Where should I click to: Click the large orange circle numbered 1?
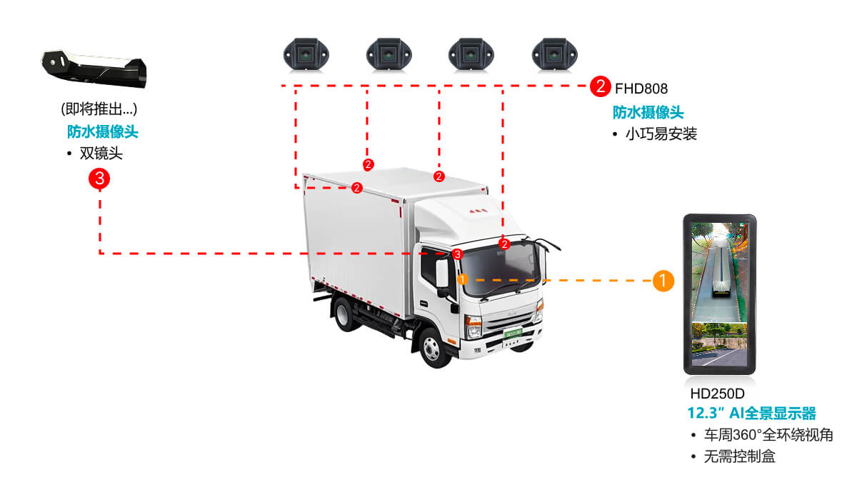point(663,281)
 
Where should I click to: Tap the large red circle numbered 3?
point(99,179)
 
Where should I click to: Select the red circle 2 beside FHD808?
point(600,88)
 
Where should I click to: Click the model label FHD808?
point(641,89)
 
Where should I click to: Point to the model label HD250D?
point(717,394)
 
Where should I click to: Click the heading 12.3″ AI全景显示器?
point(751,414)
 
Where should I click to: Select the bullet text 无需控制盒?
point(739,456)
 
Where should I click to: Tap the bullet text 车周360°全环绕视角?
point(768,435)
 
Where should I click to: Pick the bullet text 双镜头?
point(101,153)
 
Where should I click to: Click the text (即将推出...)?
point(99,109)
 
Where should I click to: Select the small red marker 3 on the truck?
point(458,254)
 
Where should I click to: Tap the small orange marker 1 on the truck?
point(462,279)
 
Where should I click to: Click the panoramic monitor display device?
point(720,294)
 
